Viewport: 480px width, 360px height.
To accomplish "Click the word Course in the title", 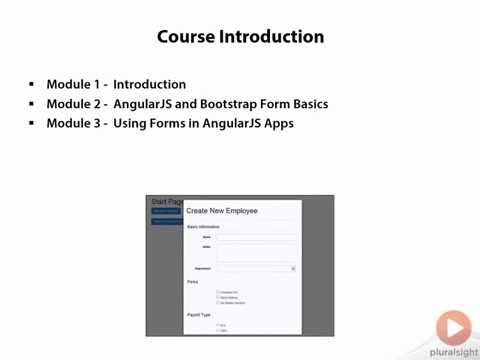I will click(x=188, y=37).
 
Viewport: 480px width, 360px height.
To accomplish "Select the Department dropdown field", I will click(x=257, y=268).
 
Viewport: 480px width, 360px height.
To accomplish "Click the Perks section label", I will click(x=193, y=282).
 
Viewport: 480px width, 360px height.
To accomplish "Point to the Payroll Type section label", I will click(x=198, y=314).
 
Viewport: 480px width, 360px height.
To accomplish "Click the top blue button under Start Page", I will click(x=166, y=211).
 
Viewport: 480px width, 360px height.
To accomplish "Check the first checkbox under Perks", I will click(x=218, y=292).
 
